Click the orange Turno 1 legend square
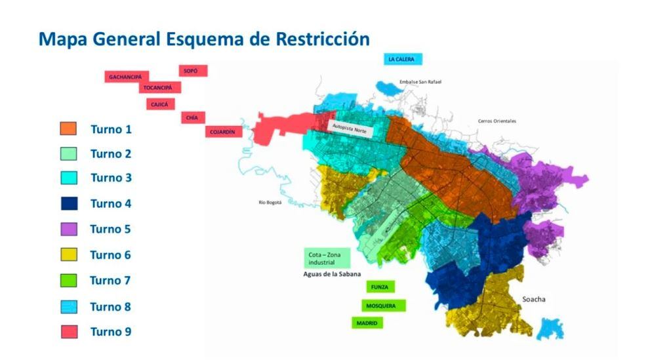coord(69,129)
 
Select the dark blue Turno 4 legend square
coord(69,203)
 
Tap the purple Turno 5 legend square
coord(69,229)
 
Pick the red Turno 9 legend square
coord(69,332)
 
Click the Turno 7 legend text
coord(110,281)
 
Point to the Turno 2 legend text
coord(111,153)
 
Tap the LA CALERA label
coord(402,59)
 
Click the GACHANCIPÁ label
coord(127,77)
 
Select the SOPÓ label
coord(192,71)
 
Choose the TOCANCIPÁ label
coord(159,88)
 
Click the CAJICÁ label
coord(160,104)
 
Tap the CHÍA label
coord(192,117)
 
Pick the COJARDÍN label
coord(223,132)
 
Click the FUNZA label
coord(380,287)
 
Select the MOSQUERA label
coord(383,306)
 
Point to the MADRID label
coord(367,323)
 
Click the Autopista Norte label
coord(350,129)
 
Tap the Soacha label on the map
coord(534,299)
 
